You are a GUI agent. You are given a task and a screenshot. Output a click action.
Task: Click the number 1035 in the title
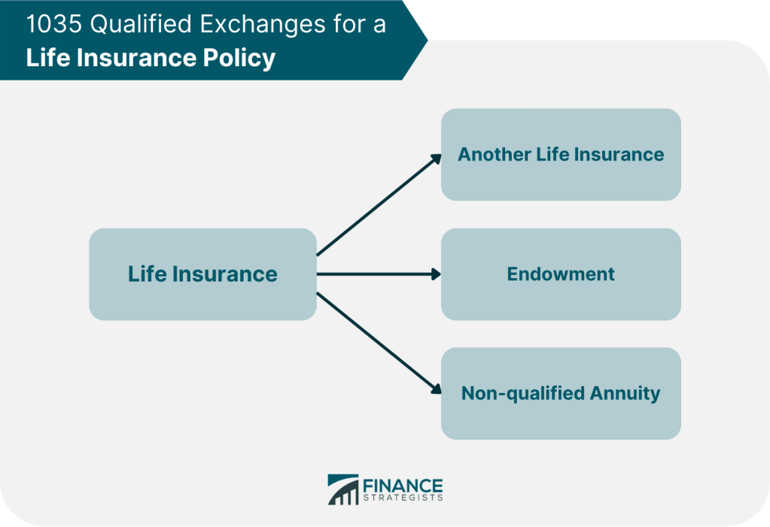click(54, 24)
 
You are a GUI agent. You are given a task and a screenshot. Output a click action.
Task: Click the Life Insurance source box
click(202, 274)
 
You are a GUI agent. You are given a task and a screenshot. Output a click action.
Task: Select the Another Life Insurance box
click(561, 154)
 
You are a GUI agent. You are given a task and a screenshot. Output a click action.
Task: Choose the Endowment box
click(561, 274)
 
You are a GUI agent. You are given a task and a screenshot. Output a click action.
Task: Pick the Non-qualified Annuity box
click(561, 394)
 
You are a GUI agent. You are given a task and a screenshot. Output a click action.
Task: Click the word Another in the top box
click(494, 154)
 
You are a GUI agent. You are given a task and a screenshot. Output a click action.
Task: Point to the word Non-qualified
click(523, 394)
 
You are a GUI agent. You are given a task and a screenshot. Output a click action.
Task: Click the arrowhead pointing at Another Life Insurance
click(436, 159)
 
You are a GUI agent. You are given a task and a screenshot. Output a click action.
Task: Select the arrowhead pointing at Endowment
click(436, 274)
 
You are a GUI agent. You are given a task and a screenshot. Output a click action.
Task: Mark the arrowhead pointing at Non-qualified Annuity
click(436, 389)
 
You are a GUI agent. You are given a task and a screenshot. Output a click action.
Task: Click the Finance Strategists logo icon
click(343, 489)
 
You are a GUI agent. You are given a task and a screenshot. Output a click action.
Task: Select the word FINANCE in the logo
click(403, 486)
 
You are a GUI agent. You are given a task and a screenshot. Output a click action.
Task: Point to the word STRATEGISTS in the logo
click(403, 498)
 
